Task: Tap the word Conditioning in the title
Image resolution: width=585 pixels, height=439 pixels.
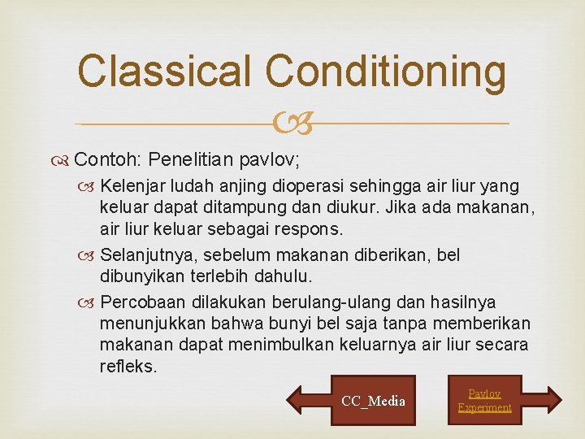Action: [386, 72]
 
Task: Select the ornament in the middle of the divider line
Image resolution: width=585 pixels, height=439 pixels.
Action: [292, 124]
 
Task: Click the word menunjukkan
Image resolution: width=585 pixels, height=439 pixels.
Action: [151, 323]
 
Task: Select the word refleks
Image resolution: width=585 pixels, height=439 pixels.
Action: [127, 367]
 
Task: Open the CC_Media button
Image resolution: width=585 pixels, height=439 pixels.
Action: [373, 400]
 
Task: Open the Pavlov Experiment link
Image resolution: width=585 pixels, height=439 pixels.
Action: [484, 400]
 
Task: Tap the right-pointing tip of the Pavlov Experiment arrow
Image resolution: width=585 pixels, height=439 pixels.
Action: [561, 399]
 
